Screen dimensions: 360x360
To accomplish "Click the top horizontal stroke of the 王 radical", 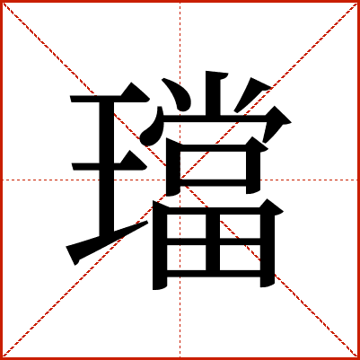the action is (110, 98).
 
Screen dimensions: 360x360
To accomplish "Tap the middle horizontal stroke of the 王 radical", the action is (110, 166).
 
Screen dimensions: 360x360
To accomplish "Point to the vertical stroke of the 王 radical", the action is (107, 168).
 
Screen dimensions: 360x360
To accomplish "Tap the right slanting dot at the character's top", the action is (250, 94).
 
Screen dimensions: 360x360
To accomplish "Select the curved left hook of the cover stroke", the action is (153, 127).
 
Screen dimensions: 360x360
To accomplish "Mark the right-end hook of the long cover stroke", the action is (276, 123).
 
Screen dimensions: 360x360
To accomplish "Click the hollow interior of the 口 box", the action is (213, 165).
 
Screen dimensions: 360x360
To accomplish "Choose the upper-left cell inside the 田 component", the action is (186, 226).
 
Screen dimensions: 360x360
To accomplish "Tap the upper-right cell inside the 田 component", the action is (240, 226).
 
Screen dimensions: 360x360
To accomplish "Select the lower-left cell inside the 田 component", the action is (186, 258).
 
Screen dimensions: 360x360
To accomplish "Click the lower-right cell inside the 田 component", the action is (240, 258).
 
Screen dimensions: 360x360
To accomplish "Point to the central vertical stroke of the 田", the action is (213, 242).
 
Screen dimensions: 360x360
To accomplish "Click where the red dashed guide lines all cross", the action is (180, 180).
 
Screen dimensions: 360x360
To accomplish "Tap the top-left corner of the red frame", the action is (1, 1).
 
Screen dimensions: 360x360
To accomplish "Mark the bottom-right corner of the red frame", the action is (358, 358).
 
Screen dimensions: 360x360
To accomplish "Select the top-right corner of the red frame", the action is (358, 1).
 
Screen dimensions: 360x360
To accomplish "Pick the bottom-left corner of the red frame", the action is (1, 358).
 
